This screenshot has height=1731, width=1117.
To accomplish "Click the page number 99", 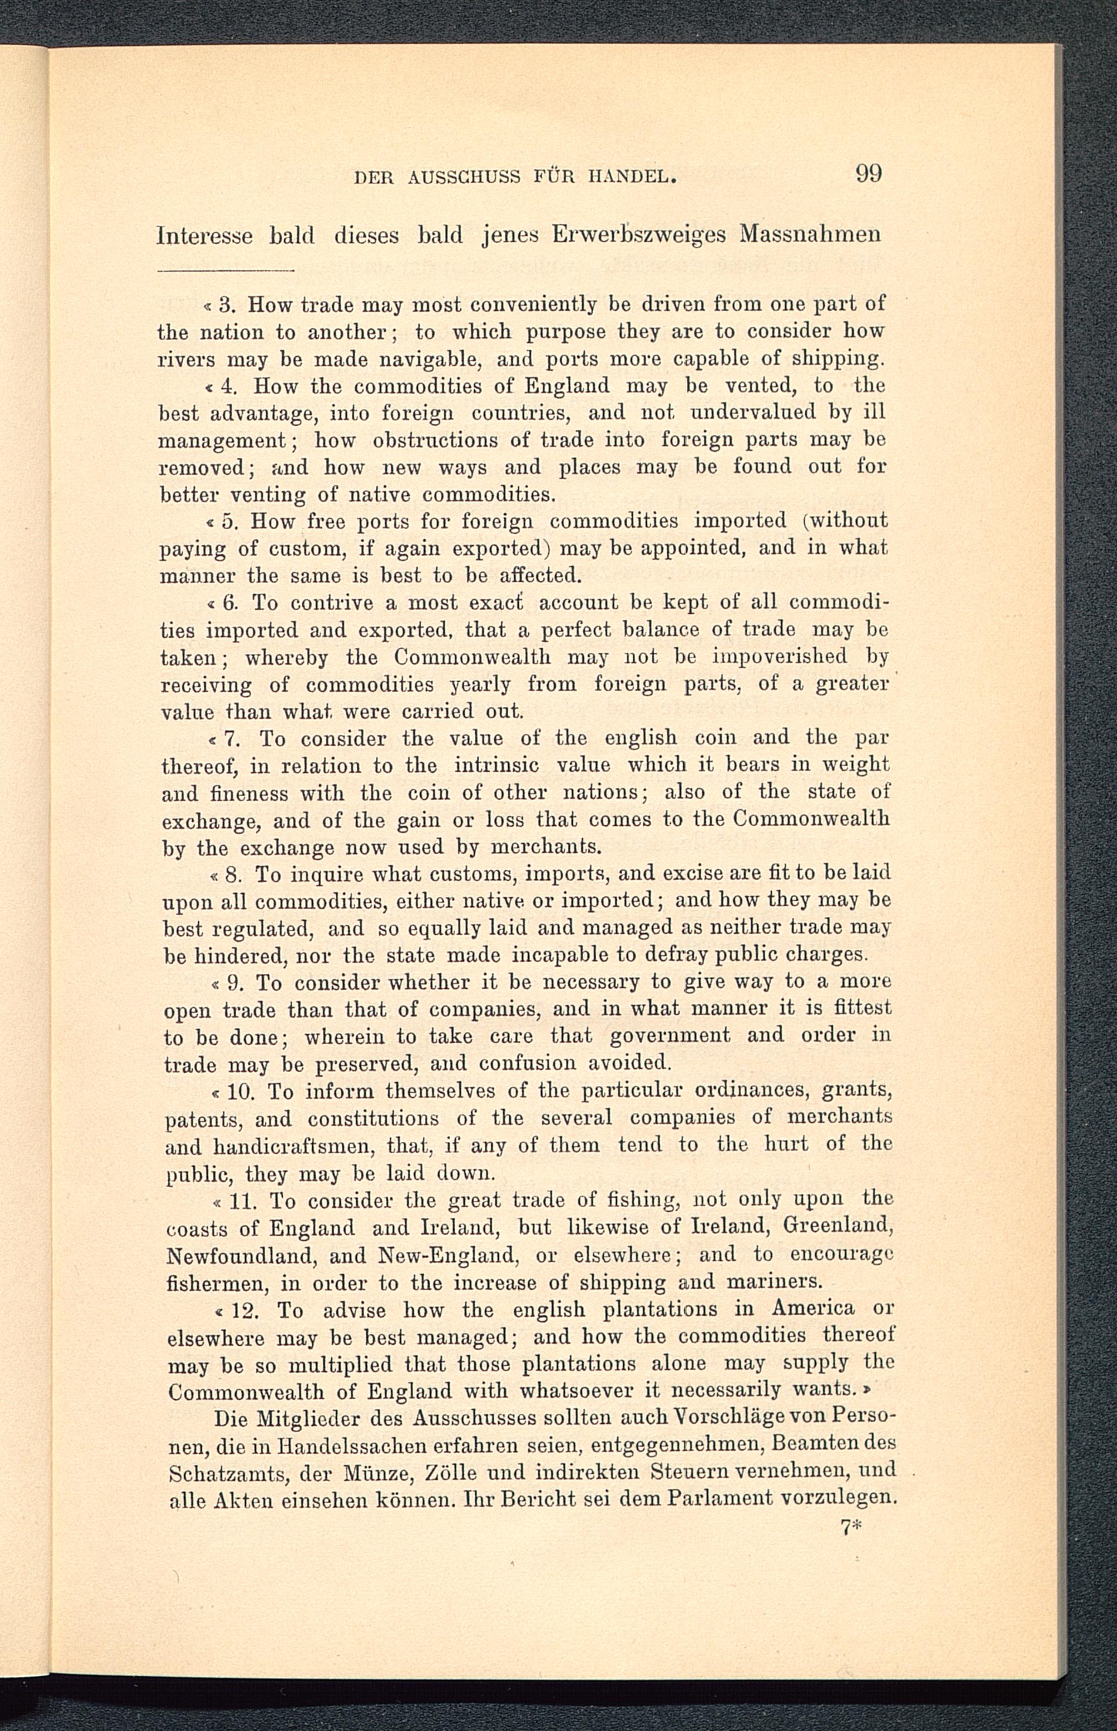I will [x=868, y=175].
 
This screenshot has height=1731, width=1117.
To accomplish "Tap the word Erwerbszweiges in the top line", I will [x=639, y=236].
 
